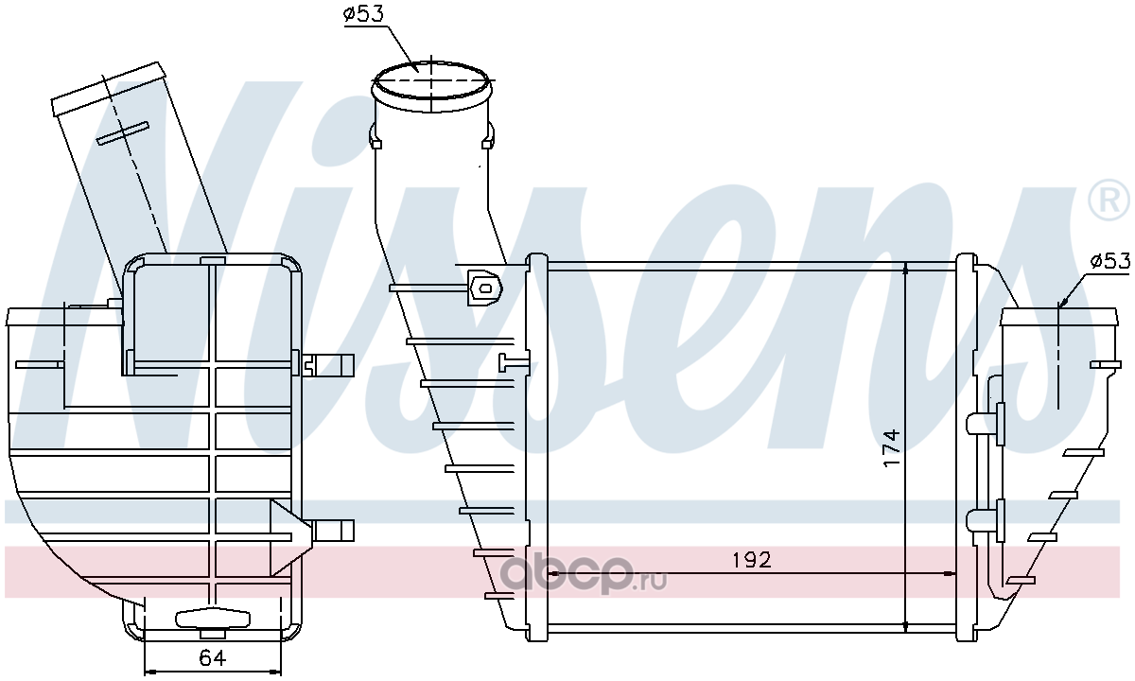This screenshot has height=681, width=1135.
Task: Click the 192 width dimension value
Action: (x=752, y=560)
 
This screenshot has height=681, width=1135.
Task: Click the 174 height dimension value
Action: (x=891, y=448)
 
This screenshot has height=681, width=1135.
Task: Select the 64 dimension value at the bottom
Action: (x=212, y=658)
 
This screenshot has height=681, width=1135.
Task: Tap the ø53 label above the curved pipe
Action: (x=364, y=13)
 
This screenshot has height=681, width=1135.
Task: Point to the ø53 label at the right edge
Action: (x=1109, y=261)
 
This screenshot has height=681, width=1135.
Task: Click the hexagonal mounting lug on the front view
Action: (x=485, y=288)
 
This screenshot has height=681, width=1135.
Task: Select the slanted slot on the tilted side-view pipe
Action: (x=123, y=133)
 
